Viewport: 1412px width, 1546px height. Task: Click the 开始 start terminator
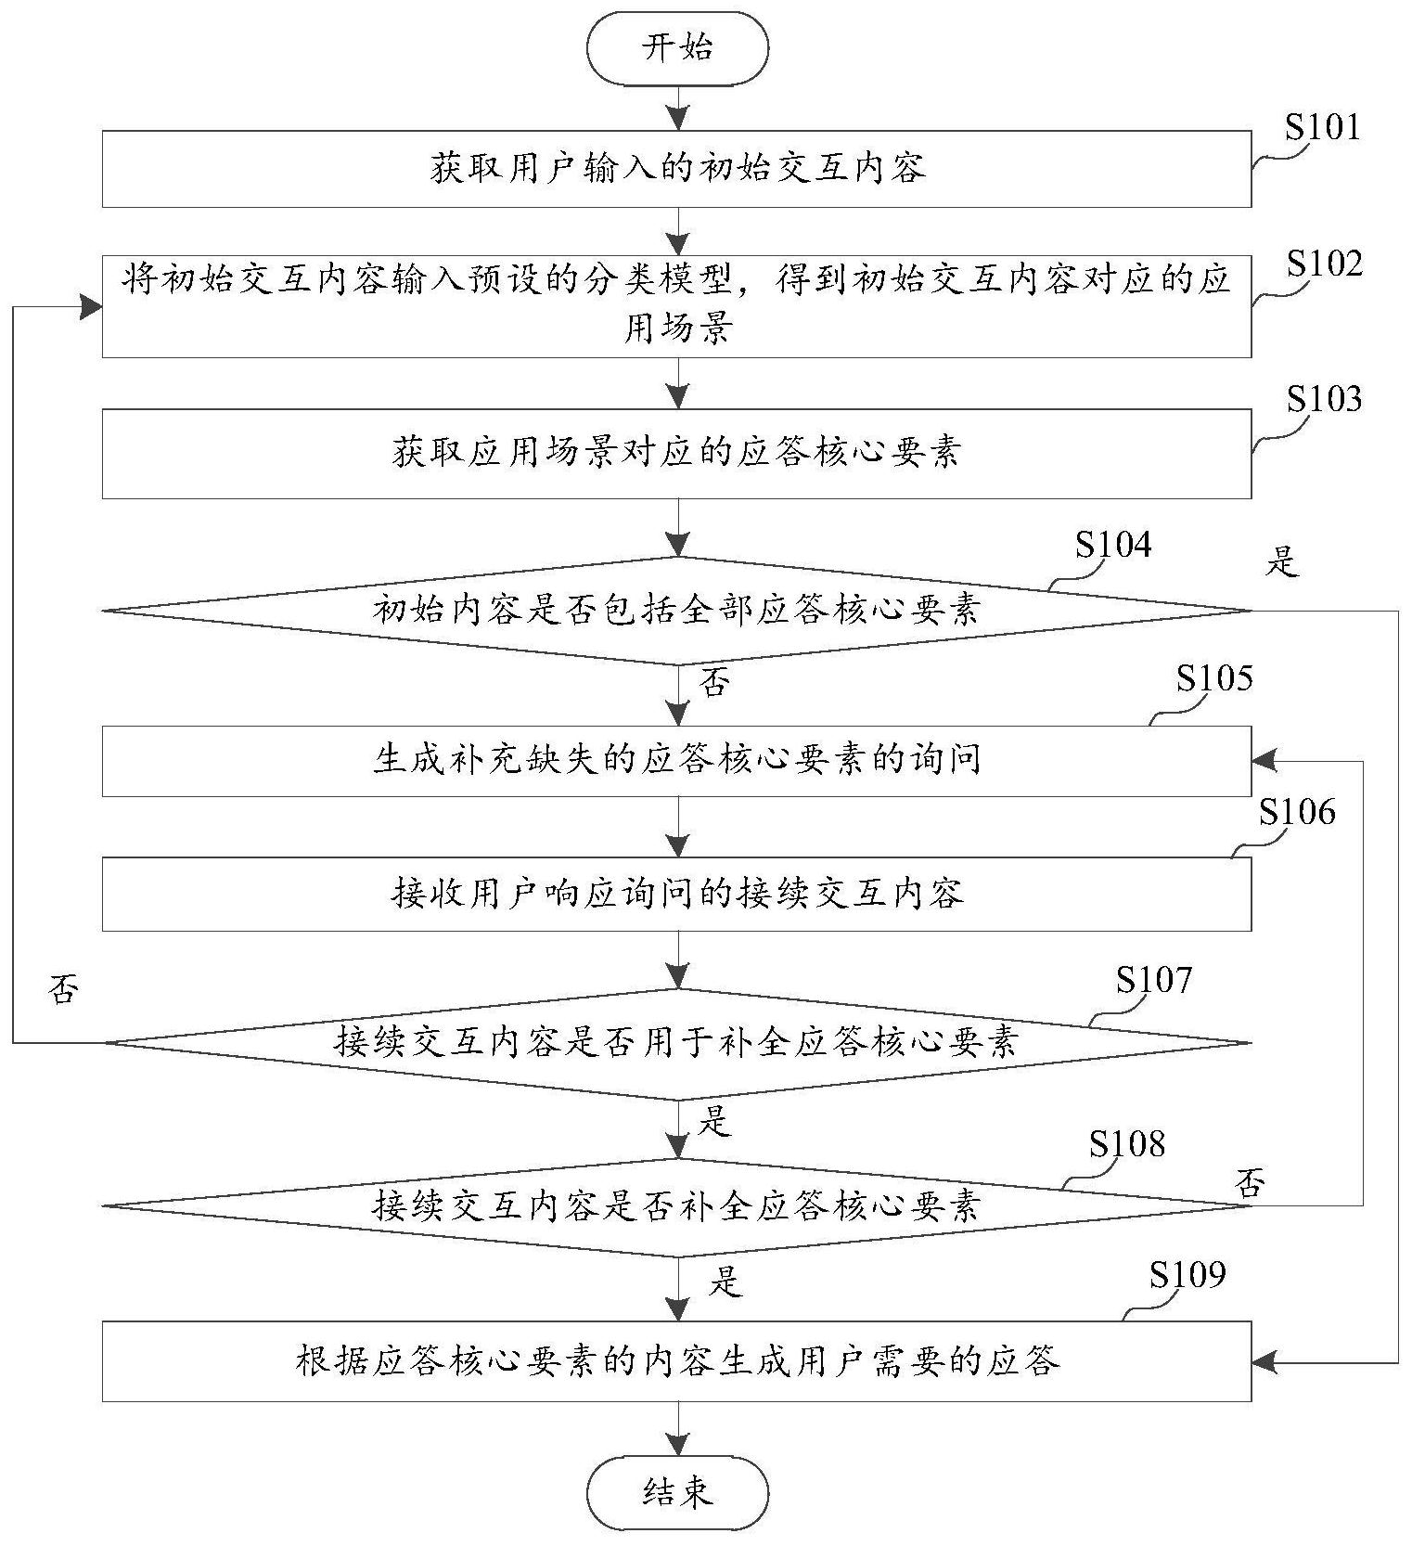click(x=678, y=48)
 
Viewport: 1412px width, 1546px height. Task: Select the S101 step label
click(x=1322, y=128)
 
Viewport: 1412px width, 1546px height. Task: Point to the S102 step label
click(x=1324, y=264)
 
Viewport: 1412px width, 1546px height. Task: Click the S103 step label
click(x=1324, y=399)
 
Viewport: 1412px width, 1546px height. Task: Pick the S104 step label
click(x=1113, y=546)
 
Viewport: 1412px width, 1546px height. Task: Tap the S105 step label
click(x=1214, y=679)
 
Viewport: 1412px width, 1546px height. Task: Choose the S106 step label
click(x=1297, y=813)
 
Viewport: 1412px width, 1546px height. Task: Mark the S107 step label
click(x=1153, y=980)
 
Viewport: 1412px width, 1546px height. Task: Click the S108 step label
click(x=1126, y=1144)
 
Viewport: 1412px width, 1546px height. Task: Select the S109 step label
click(x=1187, y=1275)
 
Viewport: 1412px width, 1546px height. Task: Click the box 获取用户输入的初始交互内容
click(x=676, y=169)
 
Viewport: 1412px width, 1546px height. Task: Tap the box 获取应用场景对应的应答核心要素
click(x=676, y=454)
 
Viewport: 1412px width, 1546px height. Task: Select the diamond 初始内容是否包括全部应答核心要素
click(x=676, y=611)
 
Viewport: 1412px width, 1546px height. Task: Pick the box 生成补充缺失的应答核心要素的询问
click(x=676, y=761)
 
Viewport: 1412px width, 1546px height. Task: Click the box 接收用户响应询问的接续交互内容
click(x=676, y=894)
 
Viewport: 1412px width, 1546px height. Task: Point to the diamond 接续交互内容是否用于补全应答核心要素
click(x=676, y=1042)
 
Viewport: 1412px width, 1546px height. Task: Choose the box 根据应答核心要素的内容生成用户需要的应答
click(x=676, y=1361)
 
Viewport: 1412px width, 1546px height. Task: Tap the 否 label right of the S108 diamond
click(x=1250, y=1183)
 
